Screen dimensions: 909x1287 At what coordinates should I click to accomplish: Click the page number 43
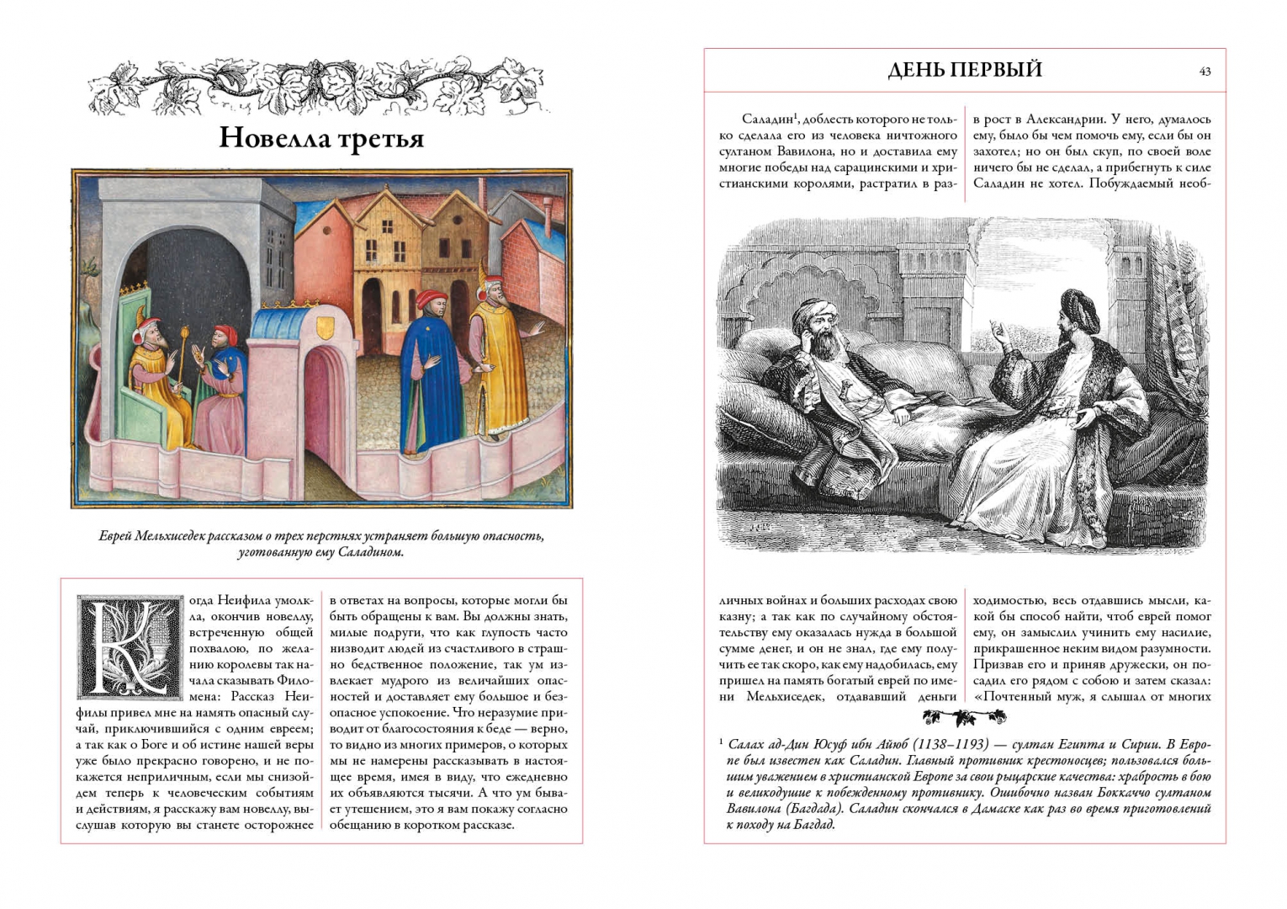point(1205,72)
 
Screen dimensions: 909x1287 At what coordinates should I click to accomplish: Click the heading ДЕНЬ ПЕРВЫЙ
point(964,70)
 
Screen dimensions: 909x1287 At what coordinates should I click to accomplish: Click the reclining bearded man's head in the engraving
point(817,326)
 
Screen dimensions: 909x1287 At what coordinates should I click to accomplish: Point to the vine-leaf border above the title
point(321,84)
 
